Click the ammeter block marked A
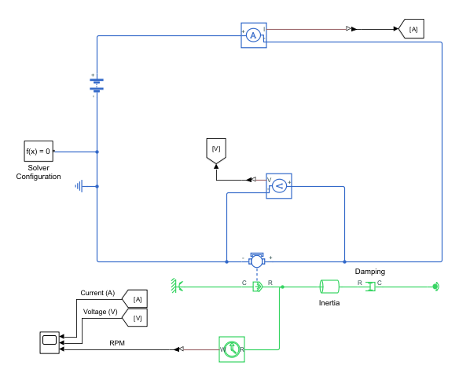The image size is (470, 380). coord(253,35)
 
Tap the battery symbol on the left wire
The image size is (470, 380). coord(97,84)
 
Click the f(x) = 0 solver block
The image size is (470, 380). coord(39,151)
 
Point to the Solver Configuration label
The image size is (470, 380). coord(39,172)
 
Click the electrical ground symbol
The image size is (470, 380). coord(80,186)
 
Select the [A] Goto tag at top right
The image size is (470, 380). coord(413,29)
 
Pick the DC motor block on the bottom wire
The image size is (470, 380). coord(256,260)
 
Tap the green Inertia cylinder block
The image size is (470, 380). coord(329,287)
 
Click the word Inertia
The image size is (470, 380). coord(329,302)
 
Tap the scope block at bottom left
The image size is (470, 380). coord(49,342)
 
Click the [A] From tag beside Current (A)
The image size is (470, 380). coord(136,299)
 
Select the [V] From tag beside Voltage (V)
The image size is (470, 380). coord(136,318)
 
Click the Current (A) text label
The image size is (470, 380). coord(97,293)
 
